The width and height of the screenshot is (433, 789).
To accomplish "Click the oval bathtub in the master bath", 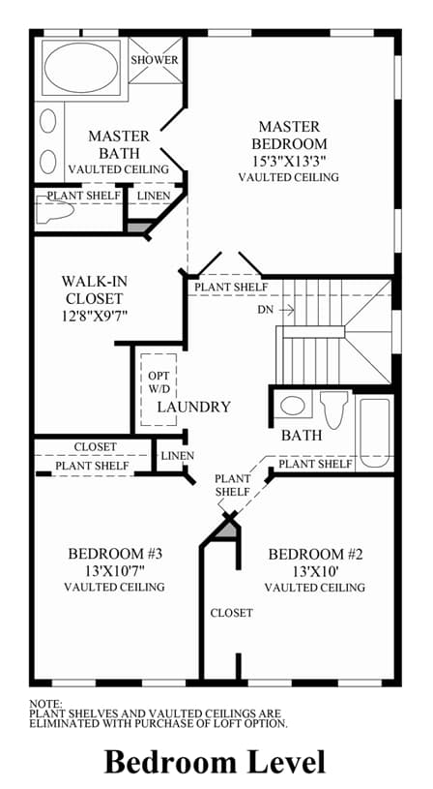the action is tap(81, 68).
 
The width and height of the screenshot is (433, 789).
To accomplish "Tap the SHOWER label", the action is tap(155, 60).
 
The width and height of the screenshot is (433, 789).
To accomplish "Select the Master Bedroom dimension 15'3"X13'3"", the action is tap(289, 161).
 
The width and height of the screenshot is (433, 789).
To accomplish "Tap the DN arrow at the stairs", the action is tap(287, 310).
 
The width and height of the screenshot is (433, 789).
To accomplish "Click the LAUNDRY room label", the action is tap(194, 407).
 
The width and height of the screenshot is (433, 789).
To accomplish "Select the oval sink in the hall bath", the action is tap(292, 406).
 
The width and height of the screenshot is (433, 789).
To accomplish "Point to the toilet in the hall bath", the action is tap(334, 409).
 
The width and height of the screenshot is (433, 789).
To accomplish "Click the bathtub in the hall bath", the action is tap(375, 433).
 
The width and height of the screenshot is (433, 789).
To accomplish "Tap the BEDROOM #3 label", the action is tap(115, 554).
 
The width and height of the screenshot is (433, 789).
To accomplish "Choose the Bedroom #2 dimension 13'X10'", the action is tap(315, 571).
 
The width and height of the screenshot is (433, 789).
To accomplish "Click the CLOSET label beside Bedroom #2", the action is tap(232, 613).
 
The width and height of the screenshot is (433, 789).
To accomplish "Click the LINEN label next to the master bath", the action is tap(154, 196).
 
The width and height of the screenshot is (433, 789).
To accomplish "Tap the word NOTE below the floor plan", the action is tap(45, 704).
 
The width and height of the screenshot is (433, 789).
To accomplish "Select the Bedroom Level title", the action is tap(215, 761).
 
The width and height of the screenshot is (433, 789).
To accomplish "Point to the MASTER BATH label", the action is tap(119, 144).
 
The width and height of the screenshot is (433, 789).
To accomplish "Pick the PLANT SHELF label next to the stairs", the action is tap(231, 288).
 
